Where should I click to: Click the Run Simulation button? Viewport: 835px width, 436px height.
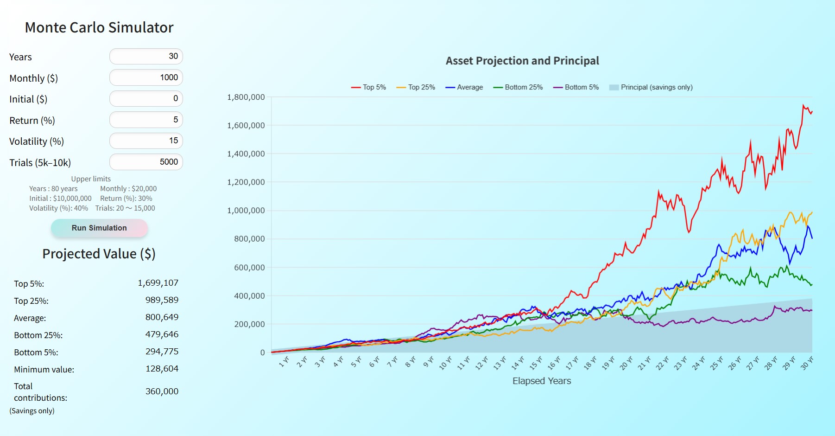(99, 228)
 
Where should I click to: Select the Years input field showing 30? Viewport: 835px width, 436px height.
(146, 57)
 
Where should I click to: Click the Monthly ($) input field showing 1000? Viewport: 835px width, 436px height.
(146, 77)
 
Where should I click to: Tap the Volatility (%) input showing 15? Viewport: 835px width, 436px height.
(146, 141)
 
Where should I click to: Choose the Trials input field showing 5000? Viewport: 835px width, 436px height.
(146, 162)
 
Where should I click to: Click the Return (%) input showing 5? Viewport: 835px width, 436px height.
(146, 120)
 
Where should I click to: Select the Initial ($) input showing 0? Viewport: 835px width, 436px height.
(146, 98)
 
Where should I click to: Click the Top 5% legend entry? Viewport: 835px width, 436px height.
(369, 87)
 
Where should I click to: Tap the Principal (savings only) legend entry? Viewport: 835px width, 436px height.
(651, 87)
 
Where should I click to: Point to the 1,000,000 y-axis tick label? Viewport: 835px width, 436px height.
(246, 211)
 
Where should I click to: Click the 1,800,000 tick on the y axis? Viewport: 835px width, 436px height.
(246, 97)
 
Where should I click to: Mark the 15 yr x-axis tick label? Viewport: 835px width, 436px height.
(536, 363)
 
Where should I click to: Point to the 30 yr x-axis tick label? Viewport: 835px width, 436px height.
(807, 363)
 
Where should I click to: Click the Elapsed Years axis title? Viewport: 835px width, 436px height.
(542, 381)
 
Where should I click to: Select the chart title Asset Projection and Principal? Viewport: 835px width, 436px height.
(522, 61)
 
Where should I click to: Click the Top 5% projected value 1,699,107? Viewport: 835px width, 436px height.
(158, 283)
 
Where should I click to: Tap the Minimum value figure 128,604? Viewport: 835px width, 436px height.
(162, 369)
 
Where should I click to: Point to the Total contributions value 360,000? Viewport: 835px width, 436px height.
(162, 391)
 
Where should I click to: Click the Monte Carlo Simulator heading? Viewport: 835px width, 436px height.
(99, 28)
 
